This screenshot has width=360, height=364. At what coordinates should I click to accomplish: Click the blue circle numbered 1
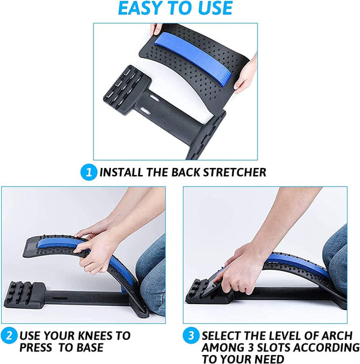(x=89, y=173)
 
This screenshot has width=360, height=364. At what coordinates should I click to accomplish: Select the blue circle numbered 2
(x=9, y=334)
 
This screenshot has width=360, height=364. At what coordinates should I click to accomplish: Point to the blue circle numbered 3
(x=191, y=334)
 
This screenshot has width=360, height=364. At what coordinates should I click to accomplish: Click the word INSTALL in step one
(x=122, y=173)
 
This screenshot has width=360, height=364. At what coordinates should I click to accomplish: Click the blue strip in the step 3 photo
(x=294, y=264)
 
